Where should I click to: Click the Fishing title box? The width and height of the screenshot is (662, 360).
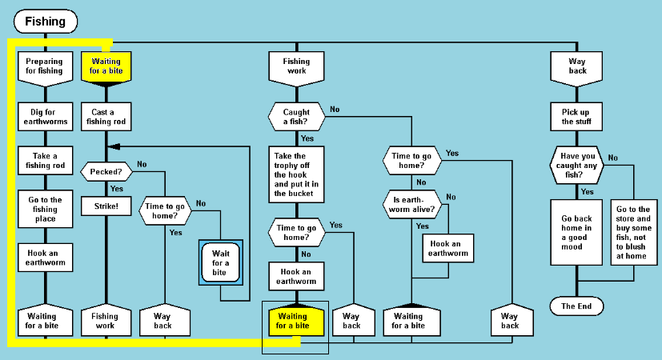coord(46,22)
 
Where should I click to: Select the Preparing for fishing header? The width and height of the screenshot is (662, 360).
coord(44,66)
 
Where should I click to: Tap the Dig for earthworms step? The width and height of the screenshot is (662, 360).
coord(44,118)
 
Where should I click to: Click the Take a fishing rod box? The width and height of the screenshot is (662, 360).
coord(44,161)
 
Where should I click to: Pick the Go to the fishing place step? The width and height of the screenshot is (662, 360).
coord(44,209)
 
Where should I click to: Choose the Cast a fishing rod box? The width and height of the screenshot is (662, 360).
coord(105,118)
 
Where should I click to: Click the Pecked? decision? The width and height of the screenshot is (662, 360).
coord(106,172)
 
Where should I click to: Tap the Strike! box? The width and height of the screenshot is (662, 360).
coord(105,206)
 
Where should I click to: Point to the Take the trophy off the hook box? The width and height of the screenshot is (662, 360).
coord(296,175)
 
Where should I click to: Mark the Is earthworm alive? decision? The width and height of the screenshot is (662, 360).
coord(411,204)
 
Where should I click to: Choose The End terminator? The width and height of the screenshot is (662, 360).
coord(576,306)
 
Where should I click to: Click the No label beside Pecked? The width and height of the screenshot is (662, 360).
coord(142,164)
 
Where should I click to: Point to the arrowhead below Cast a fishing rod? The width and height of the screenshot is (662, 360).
coord(111,146)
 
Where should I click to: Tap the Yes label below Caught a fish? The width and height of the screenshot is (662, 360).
coord(307,138)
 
